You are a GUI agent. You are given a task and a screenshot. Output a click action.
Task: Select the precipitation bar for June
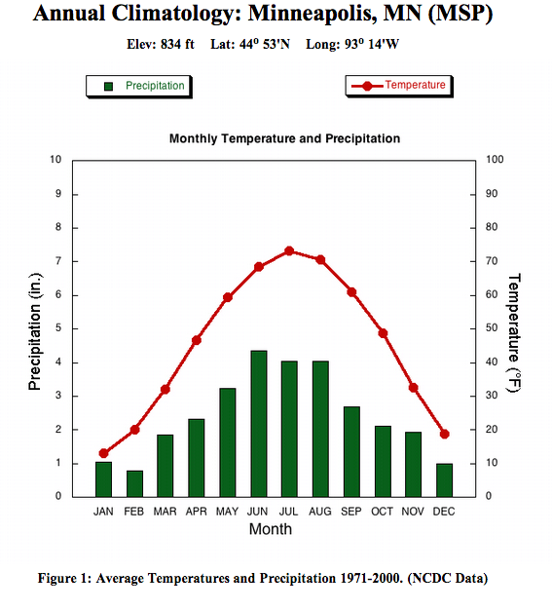pos(259,424)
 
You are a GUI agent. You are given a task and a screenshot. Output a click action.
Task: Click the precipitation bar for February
pos(134,483)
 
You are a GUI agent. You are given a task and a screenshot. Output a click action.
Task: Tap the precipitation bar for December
pos(444,479)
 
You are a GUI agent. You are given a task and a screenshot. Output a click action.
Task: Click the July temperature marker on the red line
pos(289,250)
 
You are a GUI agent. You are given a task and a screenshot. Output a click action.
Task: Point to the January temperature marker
pos(103,453)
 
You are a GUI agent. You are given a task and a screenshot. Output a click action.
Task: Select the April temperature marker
pos(197,340)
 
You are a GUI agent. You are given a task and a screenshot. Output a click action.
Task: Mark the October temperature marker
pos(383,333)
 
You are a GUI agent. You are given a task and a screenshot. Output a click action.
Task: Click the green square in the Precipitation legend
pos(109,86)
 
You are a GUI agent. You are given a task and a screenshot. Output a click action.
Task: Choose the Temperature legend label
pos(415,86)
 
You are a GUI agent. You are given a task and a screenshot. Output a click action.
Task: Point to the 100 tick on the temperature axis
pos(495,160)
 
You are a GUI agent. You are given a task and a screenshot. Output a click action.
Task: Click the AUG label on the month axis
pos(320,512)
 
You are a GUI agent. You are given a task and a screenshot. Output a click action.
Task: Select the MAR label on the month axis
pos(166,512)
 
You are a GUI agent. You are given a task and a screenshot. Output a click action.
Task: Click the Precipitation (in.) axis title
pos(35,329)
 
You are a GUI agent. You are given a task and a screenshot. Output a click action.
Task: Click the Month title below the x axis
pos(270,530)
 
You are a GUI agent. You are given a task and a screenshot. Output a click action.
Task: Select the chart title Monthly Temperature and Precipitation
pos(284,139)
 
